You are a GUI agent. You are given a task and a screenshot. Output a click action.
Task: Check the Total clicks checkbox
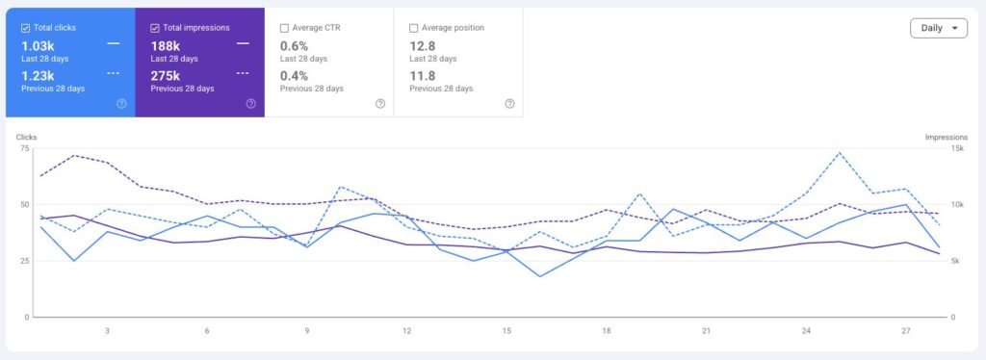coord(26,28)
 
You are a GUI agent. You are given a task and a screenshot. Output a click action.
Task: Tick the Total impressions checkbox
coord(155,28)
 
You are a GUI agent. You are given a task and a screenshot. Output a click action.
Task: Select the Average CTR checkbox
coord(284,28)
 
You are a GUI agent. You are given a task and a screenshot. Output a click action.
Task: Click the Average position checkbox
coord(414,28)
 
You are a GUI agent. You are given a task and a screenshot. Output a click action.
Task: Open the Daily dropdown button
coord(938,28)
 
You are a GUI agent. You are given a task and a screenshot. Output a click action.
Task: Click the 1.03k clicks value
coord(38,46)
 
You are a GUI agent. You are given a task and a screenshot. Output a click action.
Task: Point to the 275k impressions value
coord(166,76)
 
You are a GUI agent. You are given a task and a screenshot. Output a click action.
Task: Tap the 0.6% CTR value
coord(294,46)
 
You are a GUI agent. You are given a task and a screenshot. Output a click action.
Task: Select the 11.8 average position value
coord(423,76)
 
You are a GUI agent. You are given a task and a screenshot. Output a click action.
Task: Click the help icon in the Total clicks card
coord(121,104)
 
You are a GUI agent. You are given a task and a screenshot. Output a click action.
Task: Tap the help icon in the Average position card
coord(509,104)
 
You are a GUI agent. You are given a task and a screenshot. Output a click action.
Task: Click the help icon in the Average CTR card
coord(379,104)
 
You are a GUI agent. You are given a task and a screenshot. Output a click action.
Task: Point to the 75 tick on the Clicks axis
coord(25,148)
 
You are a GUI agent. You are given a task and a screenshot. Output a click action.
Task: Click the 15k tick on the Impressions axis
coord(956,148)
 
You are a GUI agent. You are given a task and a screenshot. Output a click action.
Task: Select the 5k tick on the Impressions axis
coord(954,261)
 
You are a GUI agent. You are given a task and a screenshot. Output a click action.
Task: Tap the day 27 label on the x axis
coord(906,330)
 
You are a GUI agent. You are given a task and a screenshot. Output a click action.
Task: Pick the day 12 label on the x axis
coord(407,330)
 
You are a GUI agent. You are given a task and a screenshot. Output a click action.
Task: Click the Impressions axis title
coord(947,137)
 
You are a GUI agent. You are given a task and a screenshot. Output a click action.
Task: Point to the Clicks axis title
coord(26,137)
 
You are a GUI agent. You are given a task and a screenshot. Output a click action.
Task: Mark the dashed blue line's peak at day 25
coord(839,153)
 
